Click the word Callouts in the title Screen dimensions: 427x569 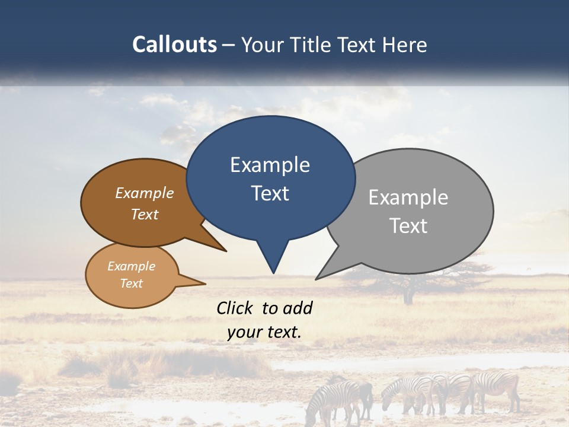tap(174, 44)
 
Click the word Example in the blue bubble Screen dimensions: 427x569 tap(270, 165)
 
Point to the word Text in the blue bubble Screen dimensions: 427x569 tap(270, 193)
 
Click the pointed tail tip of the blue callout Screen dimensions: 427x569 tap(273, 273)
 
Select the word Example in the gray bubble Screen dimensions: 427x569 tap(408, 197)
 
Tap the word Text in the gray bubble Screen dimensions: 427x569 tap(408, 226)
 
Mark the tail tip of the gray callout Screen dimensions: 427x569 tap(317, 279)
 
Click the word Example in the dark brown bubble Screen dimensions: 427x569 tap(145, 193)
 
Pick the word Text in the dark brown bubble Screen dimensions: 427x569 tap(145, 214)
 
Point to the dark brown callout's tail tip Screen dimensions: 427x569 tap(226, 251)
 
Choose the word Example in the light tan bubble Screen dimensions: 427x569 tap(131, 266)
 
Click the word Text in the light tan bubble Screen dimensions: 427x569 tap(131, 283)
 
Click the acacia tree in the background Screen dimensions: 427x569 tap(408, 279)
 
